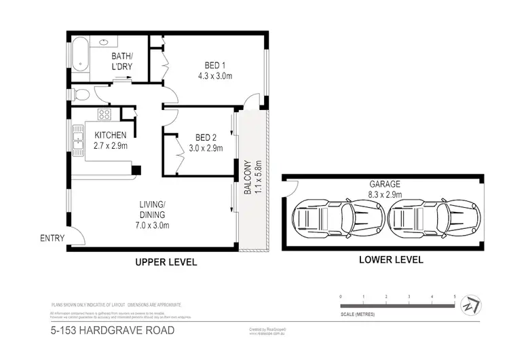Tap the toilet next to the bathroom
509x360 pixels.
point(81,94)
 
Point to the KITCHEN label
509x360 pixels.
point(111,135)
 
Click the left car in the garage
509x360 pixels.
point(333,219)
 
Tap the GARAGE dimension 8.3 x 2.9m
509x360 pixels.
point(385,194)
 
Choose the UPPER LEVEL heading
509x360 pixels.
point(166,261)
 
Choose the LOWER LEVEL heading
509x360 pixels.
point(392,259)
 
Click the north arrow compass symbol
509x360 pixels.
point(471,306)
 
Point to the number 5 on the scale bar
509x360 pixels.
point(453,298)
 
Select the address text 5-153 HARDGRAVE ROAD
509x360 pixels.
point(113,331)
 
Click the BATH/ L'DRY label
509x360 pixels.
point(123,62)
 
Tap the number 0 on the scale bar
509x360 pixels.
point(341,298)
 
